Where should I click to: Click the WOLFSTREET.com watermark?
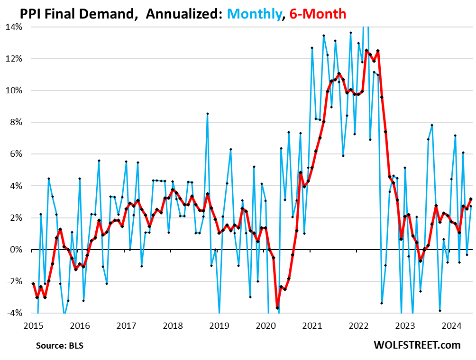pos(418,344)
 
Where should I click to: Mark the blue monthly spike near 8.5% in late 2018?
pos(208,114)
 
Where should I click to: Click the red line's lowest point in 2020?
pos(277,307)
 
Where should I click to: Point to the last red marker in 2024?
pos(471,199)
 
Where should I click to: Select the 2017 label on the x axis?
pos(127,326)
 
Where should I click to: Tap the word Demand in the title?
pos(109,14)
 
